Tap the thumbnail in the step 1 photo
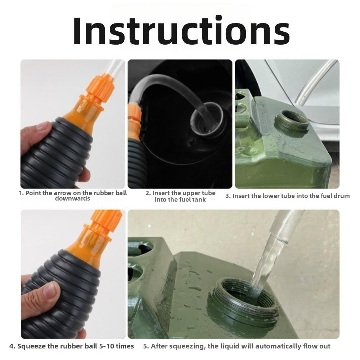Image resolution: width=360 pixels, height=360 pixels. pyautogui.click(x=43, y=126)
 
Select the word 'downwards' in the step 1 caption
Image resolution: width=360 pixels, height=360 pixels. pyautogui.click(x=72, y=199)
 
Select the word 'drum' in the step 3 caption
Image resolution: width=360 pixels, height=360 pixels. pyautogui.click(x=342, y=196)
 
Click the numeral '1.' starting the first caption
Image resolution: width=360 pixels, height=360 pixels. pyautogui.click(x=21, y=193)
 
